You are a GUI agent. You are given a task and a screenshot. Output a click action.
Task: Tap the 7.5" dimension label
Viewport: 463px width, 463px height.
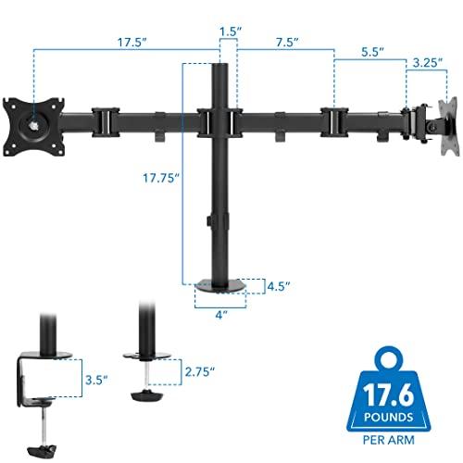(284, 42)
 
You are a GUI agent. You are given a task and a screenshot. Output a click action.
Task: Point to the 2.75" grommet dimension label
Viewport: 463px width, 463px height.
(200, 372)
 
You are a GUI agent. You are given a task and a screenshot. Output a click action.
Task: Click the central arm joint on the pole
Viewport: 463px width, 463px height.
(220, 120)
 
